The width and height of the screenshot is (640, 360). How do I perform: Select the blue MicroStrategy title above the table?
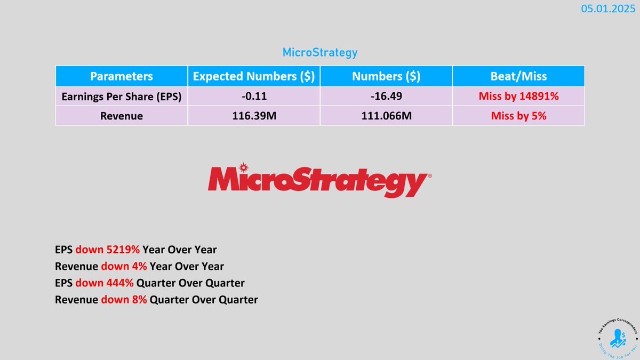click(319, 52)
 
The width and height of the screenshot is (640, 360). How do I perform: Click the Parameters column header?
click(121, 76)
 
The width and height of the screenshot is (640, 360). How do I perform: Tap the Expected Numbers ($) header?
click(253, 76)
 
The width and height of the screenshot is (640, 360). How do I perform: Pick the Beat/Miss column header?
click(518, 76)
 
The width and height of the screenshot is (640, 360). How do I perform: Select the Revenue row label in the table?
click(121, 115)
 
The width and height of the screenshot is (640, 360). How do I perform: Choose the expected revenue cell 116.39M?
click(253, 115)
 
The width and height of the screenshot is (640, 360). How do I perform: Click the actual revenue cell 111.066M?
click(386, 115)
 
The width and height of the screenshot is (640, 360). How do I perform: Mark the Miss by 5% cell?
click(518, 115)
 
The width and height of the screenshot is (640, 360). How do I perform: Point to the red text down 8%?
click(124, 300)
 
